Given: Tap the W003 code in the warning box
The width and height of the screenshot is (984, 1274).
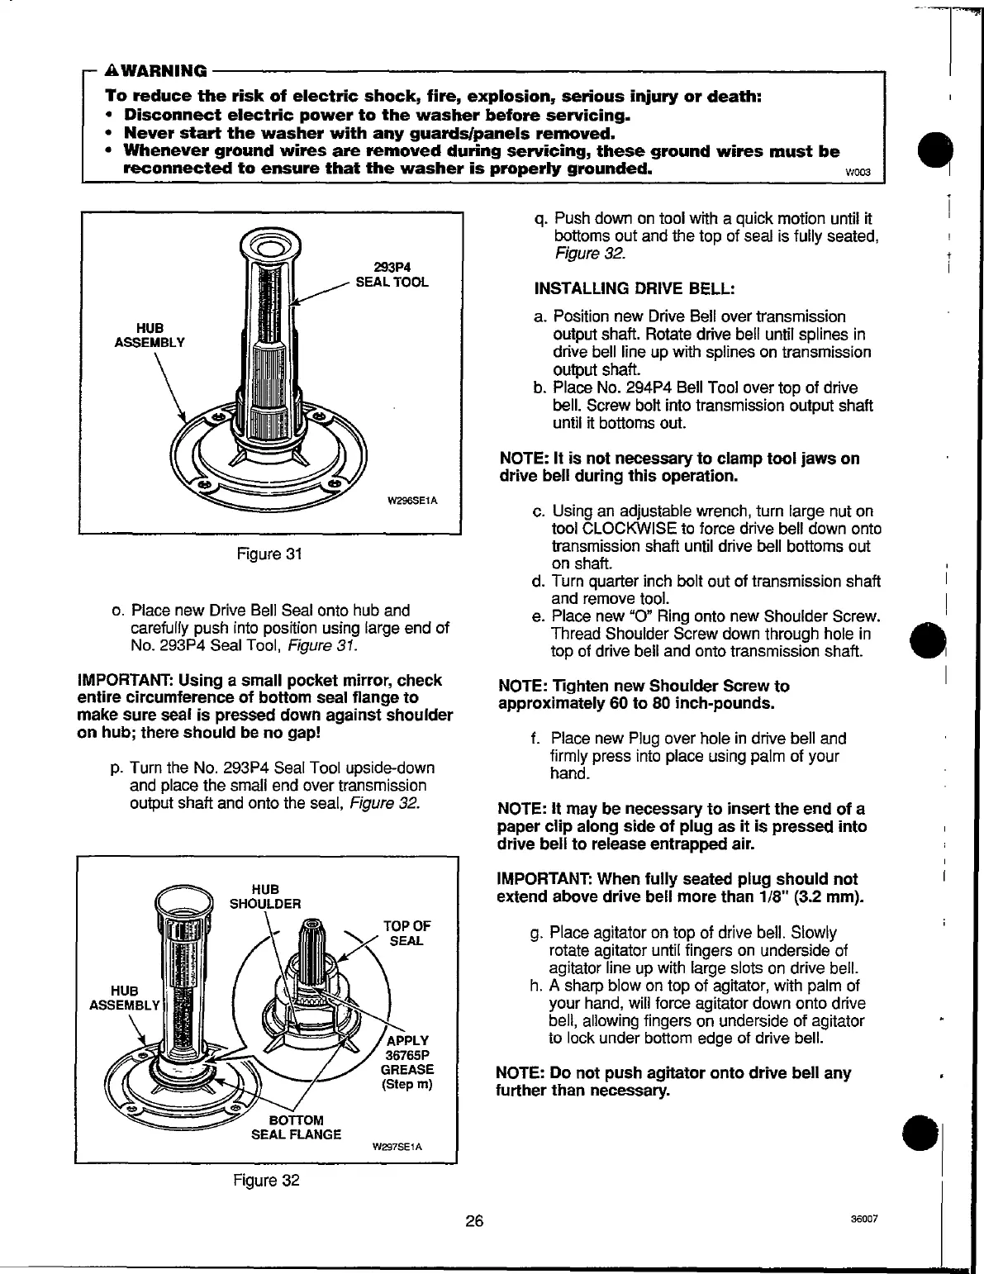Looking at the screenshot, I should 851,173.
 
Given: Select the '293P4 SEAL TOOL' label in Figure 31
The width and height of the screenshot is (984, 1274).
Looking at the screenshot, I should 392,274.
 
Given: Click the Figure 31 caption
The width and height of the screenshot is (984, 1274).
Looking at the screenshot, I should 268,554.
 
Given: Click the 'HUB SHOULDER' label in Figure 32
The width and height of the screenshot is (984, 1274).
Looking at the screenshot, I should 264,896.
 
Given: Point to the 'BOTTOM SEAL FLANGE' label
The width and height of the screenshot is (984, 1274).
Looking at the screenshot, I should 296,1127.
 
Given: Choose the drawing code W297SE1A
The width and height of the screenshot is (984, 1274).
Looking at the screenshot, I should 397,1148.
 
